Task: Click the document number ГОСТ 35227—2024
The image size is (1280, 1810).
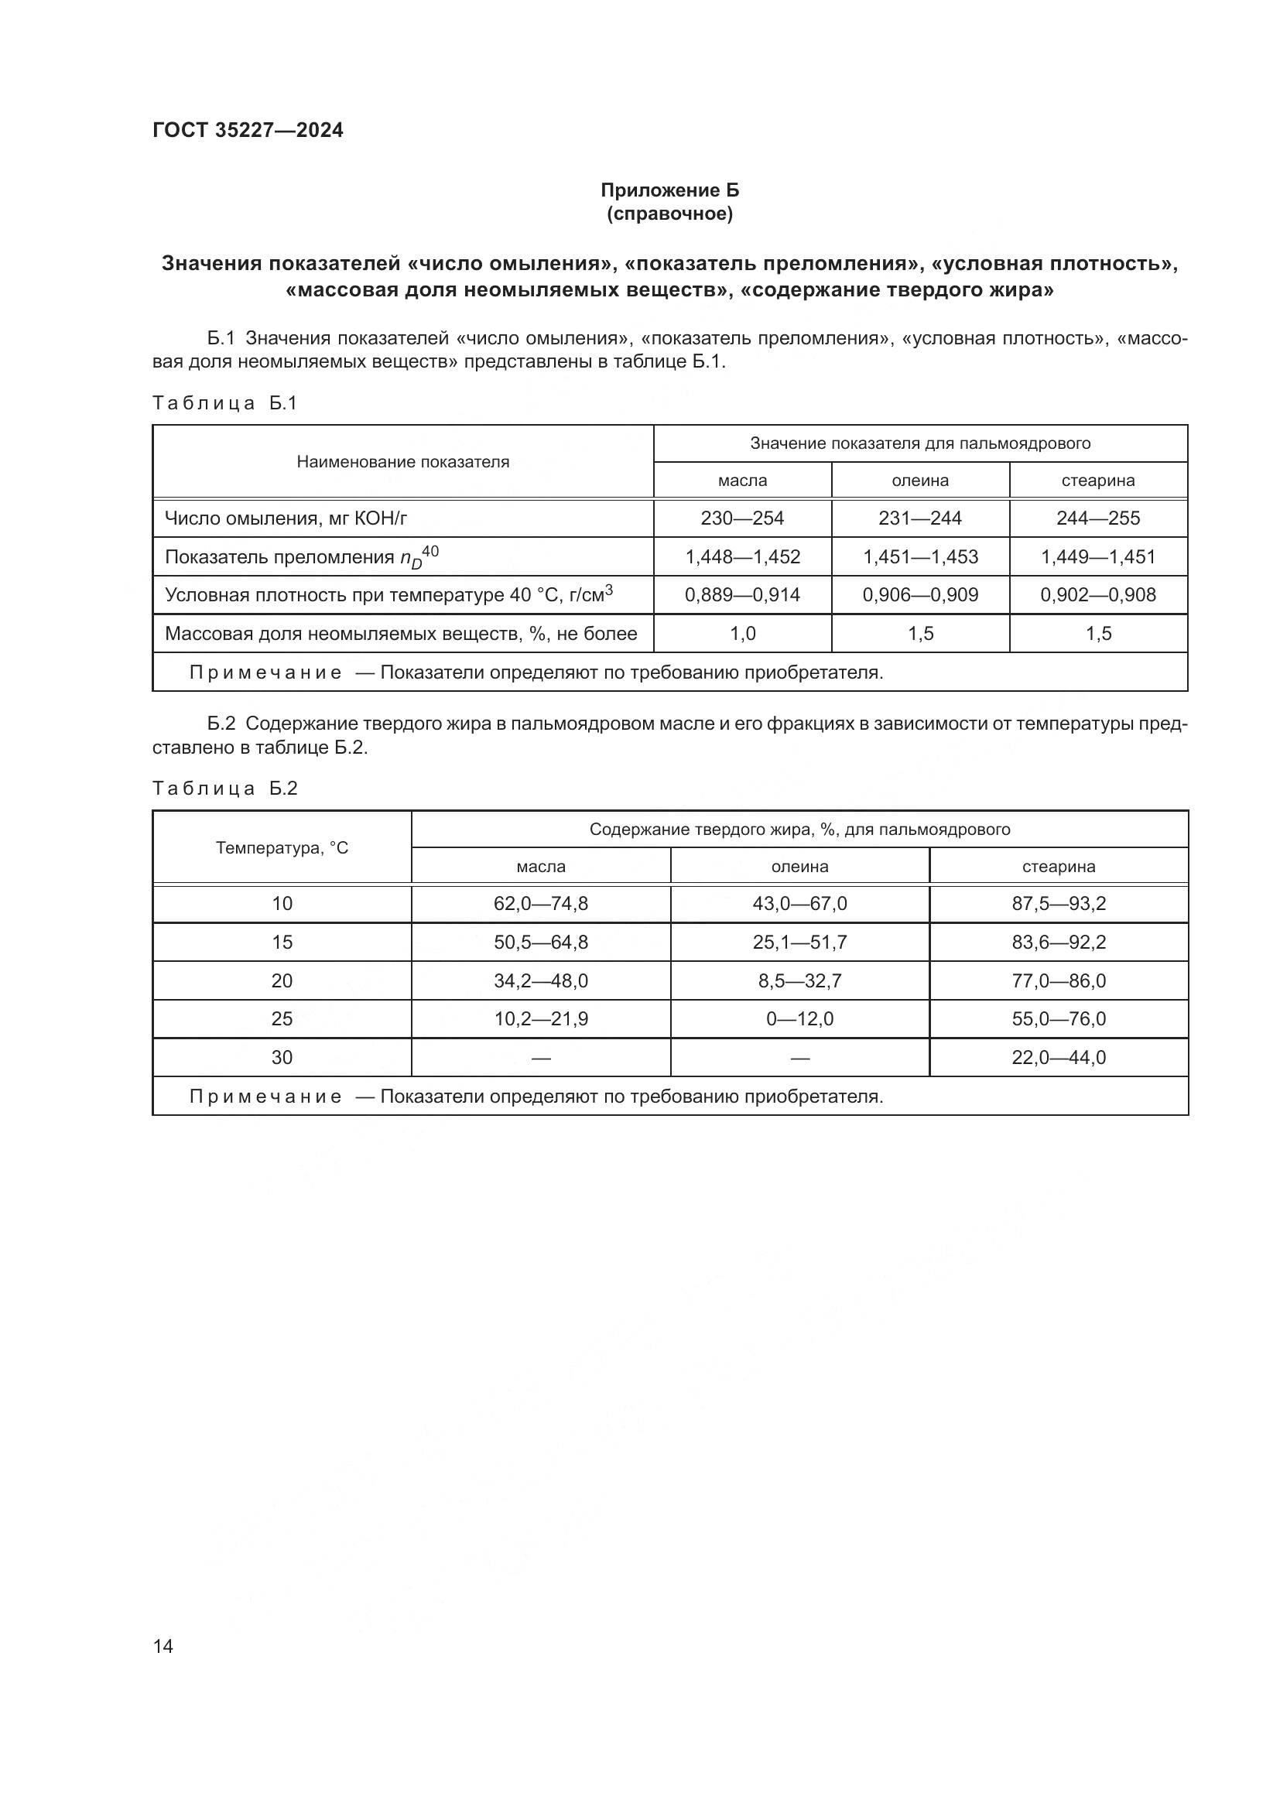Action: pyautogui.click(x=248, y=130)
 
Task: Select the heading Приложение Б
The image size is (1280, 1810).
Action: pyautogui.click(x=669, y=190)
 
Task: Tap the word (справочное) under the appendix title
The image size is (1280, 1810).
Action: pyautogui.click(x=669, y=214)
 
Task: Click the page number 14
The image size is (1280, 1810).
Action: pyautogui.click(x=163, y=1646)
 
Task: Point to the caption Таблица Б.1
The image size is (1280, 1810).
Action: pyautogui.click(x=224, y=403)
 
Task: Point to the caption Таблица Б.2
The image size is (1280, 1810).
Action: pyautogui.click(x=224, y=789)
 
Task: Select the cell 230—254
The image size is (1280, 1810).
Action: pyautogui.click(x=741, y=518)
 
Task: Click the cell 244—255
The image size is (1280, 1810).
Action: pyautogui.click(x=1098, y=518)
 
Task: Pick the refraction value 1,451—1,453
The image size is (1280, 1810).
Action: pyautogui.click(x=920, y=556)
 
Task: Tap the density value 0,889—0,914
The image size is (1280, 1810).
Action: pyautogui.click(x=741, y=595)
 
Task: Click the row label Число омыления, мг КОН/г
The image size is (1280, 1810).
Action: pyautogui.click(x=286, y=518)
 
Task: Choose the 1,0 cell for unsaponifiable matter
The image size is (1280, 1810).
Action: pyautogui.click(x=741, y=634)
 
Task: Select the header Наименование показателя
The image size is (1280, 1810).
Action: pyautogui.click(x=402, y=462)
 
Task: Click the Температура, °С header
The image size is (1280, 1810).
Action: pyautogui.click(x=282, y=848)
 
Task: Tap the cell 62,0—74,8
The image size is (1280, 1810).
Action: pyautogui.click(x=541, y=903)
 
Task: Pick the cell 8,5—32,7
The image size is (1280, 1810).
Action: pyautogui.click(x=799, y=980)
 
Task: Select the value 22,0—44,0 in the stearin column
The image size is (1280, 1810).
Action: pyautogui.click(x=1059, y=1058)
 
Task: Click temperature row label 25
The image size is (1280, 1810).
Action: pyautogui.click(x=282, y=1019)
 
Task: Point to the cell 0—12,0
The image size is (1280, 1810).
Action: pyautogui.click(x=799, y=1019)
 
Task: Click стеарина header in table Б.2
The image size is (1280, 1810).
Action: pyautogui.click(x=1059, y=867)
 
